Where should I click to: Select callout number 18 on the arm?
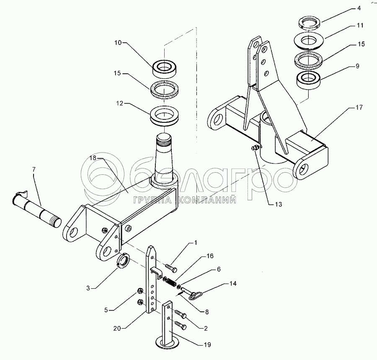coord(93,158)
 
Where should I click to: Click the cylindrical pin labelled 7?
coord(40,208)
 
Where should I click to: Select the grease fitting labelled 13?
coord(254,148)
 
